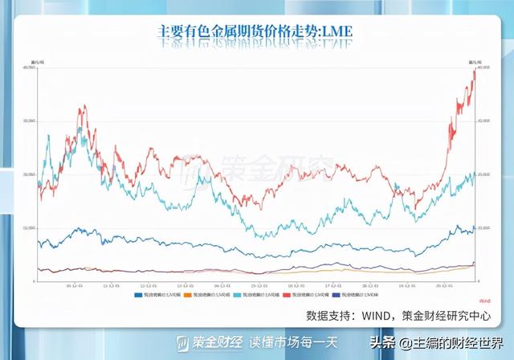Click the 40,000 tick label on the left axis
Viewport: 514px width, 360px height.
[31, 67]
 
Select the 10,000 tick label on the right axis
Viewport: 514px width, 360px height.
[483, 228]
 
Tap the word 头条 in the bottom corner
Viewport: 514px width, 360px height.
[384, 342]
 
